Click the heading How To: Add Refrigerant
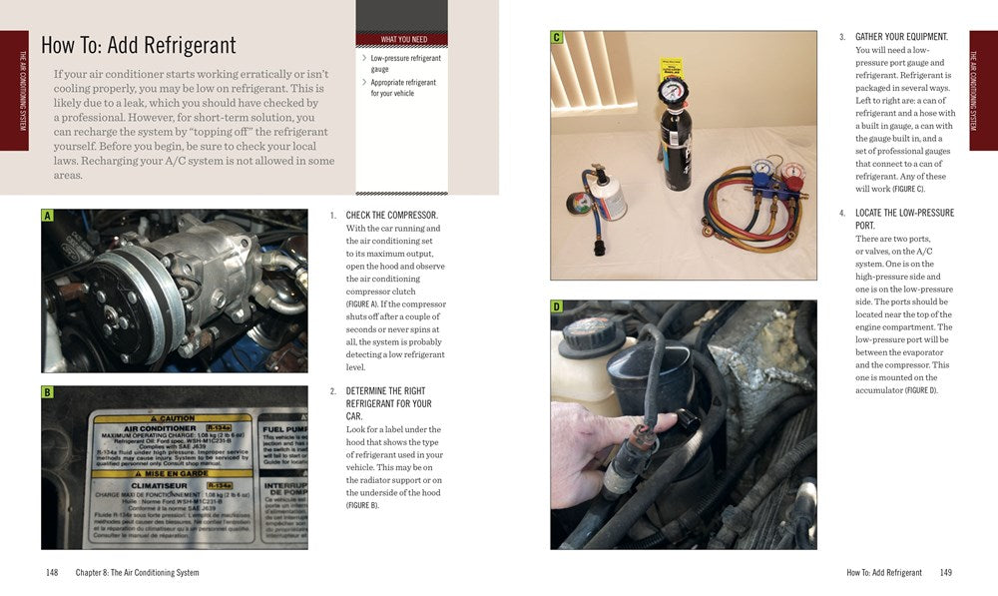click(x=138, y=46)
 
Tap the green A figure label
click(x=47, y=216)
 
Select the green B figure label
click(x=47, y=392)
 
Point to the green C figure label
click(x=557, y=38)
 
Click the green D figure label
click(x=557, y=307)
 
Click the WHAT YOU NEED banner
click(x=401, y=40)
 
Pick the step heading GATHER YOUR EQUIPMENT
click(x=901, y=37)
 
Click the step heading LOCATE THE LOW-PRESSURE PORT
click(x=904, y=220)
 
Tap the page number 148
click(x=52, y=573)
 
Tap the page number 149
click(x=945, y=573)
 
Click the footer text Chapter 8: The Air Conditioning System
click(x=137, y=573)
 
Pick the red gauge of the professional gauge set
click(x=792, y=173)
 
